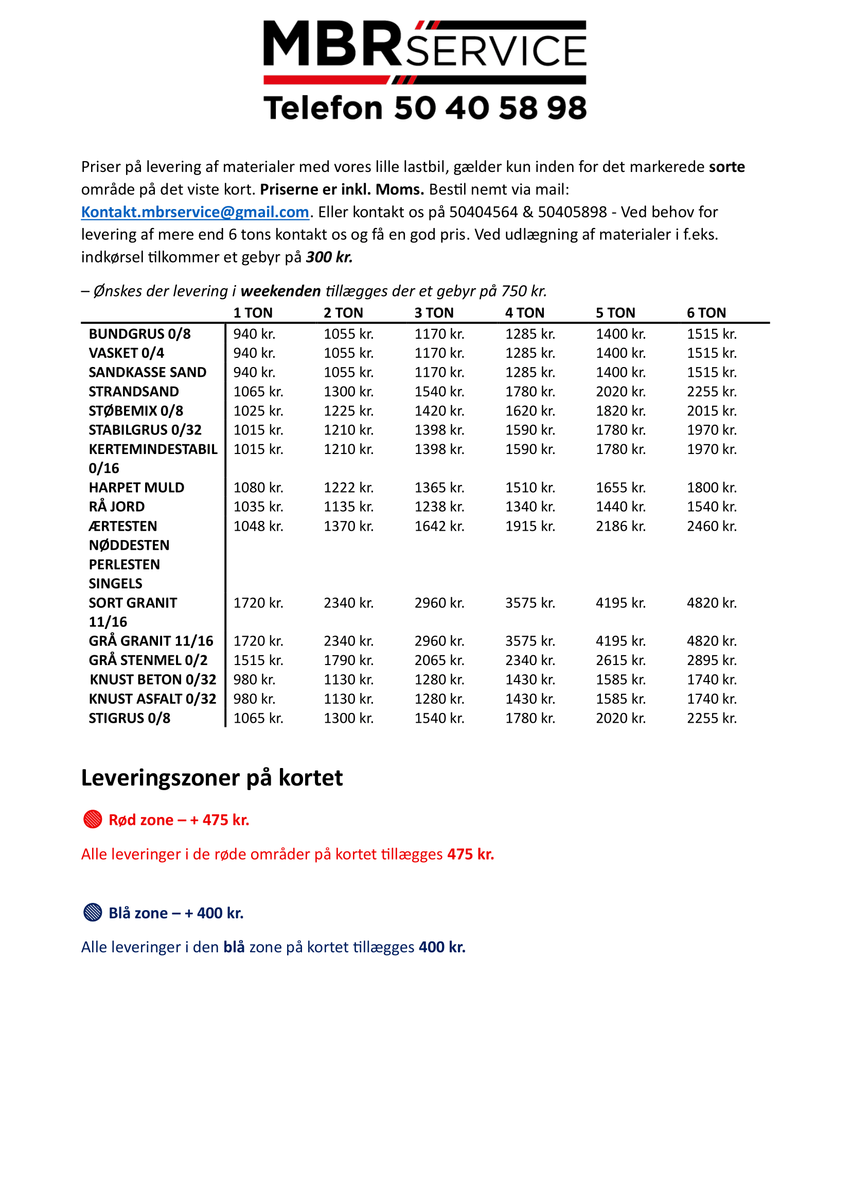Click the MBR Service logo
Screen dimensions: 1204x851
point(424,51)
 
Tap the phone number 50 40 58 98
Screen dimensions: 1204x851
point(489,108)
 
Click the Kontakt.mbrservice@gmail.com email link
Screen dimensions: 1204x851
point(195,212)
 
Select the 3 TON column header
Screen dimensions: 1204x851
point(433,312)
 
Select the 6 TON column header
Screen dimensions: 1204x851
point(706,312)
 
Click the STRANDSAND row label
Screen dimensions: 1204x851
point(134,391)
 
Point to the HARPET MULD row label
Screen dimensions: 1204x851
point(136,487)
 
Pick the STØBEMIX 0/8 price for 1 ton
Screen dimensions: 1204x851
point(258,411)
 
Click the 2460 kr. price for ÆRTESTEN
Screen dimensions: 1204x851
point(711,526)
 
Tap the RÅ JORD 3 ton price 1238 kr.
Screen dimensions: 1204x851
point(439,507)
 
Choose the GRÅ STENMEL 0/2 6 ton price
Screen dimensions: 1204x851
point(711,660)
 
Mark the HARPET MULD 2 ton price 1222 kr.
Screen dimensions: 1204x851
point(348,487)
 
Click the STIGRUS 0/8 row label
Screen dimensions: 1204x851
point(130,718)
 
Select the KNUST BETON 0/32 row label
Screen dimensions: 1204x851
point(152,679)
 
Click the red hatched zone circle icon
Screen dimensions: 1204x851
point(93,819)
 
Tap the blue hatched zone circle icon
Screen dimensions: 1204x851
point(93,913)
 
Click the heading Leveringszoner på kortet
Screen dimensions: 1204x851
point(211,778)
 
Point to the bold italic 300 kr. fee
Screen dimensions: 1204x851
point(329,257)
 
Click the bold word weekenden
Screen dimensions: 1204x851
point(280,291)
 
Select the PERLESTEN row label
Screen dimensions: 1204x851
point(124,564)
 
